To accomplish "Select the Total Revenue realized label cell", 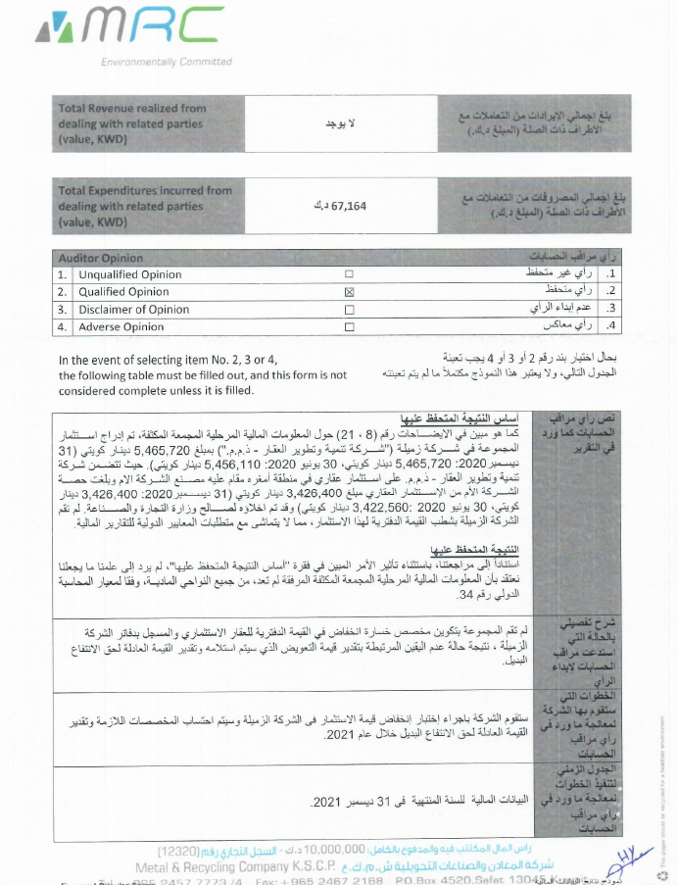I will pyautogui.click(x=131, y=124).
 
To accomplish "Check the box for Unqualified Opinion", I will pyautogui.click(x=349, y=274).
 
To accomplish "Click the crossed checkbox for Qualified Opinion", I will pyautogui.click(x=349, y=292).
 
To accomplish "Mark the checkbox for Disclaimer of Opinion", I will pyautogui.click(x=349, y=310).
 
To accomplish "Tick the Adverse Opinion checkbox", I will pyautogui.click(x=349, y=327).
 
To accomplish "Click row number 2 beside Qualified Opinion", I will pyautogui.click(x=62, y=292).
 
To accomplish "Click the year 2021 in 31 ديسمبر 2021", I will pyautogui.click(x=324, y=802).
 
